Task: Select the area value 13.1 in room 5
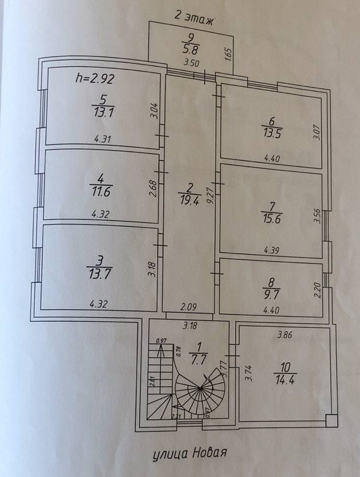pyautogui.click(x=103, y=112)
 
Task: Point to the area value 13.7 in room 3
pyautogui.click(x=98, y=272)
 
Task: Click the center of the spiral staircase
pyautogui.click(x=200, y=389)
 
